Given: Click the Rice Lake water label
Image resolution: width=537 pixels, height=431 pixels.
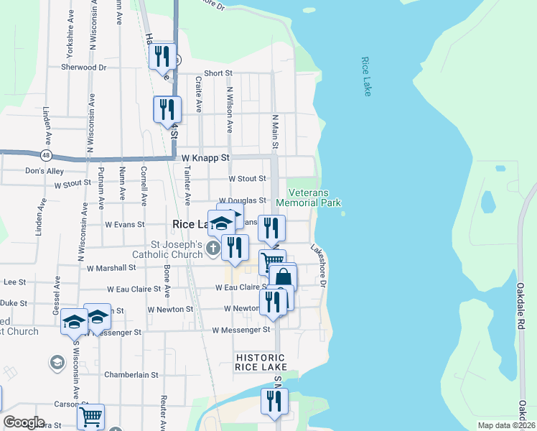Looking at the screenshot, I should pyautogui.click(x=366, y=77).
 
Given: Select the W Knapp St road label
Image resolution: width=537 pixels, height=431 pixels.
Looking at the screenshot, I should pyautogui.click(x=205, y=157).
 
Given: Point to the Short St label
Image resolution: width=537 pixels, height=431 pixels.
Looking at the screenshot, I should pyautogui.click(x=218, y=73).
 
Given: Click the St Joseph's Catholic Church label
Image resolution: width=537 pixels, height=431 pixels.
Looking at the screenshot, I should pyautogui.click(x=167, y=249).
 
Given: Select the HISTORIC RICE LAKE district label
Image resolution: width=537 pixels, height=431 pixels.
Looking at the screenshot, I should pyautogui.click(x=261, y=362).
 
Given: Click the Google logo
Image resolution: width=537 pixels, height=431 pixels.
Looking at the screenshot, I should pyautogui.click(x=24, y=422).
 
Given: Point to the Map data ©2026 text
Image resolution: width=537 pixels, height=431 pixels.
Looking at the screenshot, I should pyautogui.click(x=505, y=425).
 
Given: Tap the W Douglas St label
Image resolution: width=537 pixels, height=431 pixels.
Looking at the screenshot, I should pyautogui.click(x=243, y=201).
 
